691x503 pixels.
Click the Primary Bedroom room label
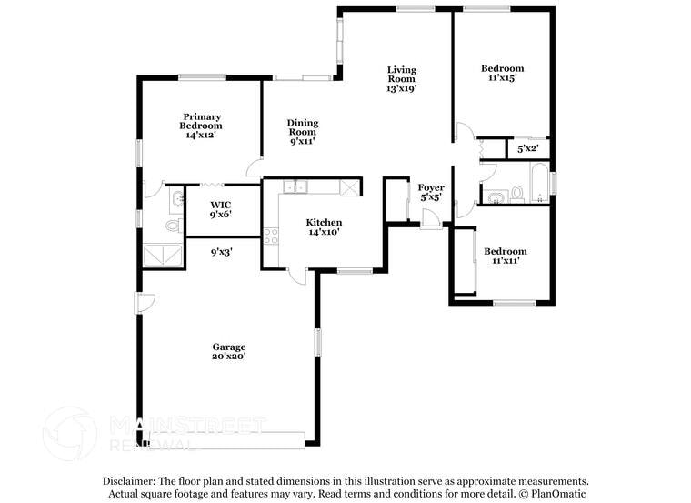(x=202, y=120)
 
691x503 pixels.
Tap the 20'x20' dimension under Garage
(x=229, y=357)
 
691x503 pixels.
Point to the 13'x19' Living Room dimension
(x=401, y=89)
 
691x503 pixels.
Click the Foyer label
(x=431, y=187)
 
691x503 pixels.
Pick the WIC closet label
(x=220, y=205)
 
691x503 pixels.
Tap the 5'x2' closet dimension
(x=527, y=148)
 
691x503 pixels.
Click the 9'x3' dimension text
(x=222, y=252)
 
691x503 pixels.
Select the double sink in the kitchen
(x=295, y=187)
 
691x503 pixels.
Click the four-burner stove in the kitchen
(x=270, y=236)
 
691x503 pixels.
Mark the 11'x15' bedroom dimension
(x=502, y=79)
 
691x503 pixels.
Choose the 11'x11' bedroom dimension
(x=505, y=261)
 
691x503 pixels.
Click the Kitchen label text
(x=324, y=222)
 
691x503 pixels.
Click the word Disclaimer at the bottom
(x=128, y=480)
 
